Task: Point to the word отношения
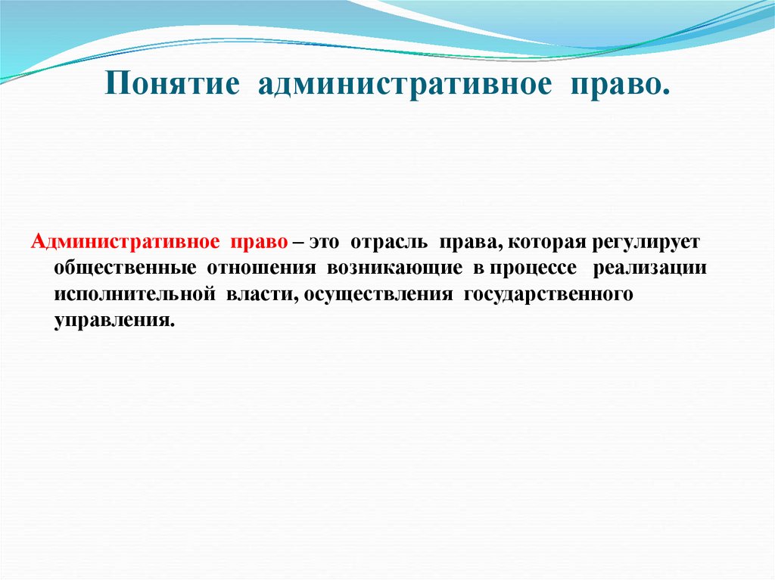258,269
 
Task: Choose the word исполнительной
134,294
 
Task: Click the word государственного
546,294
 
